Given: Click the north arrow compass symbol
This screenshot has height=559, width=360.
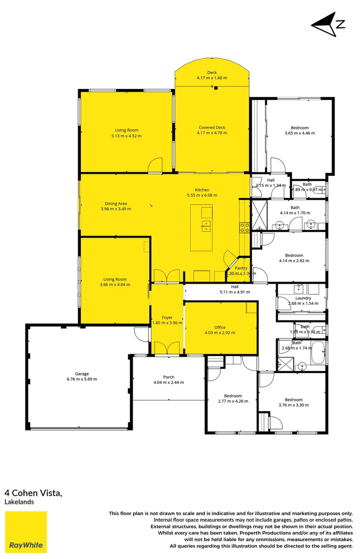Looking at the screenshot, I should (328, 25).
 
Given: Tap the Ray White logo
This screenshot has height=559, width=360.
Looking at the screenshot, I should (26, 532).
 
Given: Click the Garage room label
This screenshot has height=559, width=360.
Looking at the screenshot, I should (82, 374).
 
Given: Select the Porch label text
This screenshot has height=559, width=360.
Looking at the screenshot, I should (168, 377).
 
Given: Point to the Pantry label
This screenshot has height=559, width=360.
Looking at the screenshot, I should (241, 268).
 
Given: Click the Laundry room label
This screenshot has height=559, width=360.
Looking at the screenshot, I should (303, 298).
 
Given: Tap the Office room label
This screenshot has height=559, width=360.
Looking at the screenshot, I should (220, 328).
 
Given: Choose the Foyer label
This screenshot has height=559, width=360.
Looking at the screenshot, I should (167, 317).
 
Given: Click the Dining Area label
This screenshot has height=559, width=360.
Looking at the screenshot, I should (116, 203).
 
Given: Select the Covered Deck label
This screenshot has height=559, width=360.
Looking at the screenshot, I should (212, 127).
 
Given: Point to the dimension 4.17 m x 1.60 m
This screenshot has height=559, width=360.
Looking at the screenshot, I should (212, 78).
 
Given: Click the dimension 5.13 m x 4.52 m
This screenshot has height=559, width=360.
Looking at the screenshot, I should (126, 136).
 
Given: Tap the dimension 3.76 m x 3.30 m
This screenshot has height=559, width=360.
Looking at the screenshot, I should (293, 405).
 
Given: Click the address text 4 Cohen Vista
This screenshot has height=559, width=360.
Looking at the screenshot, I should (34, 493).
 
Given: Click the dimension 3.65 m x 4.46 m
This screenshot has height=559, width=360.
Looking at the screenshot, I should (299, 133).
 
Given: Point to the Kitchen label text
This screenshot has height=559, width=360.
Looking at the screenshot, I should (202, 189).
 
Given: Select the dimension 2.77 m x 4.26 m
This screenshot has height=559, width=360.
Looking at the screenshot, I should (230, 402).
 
